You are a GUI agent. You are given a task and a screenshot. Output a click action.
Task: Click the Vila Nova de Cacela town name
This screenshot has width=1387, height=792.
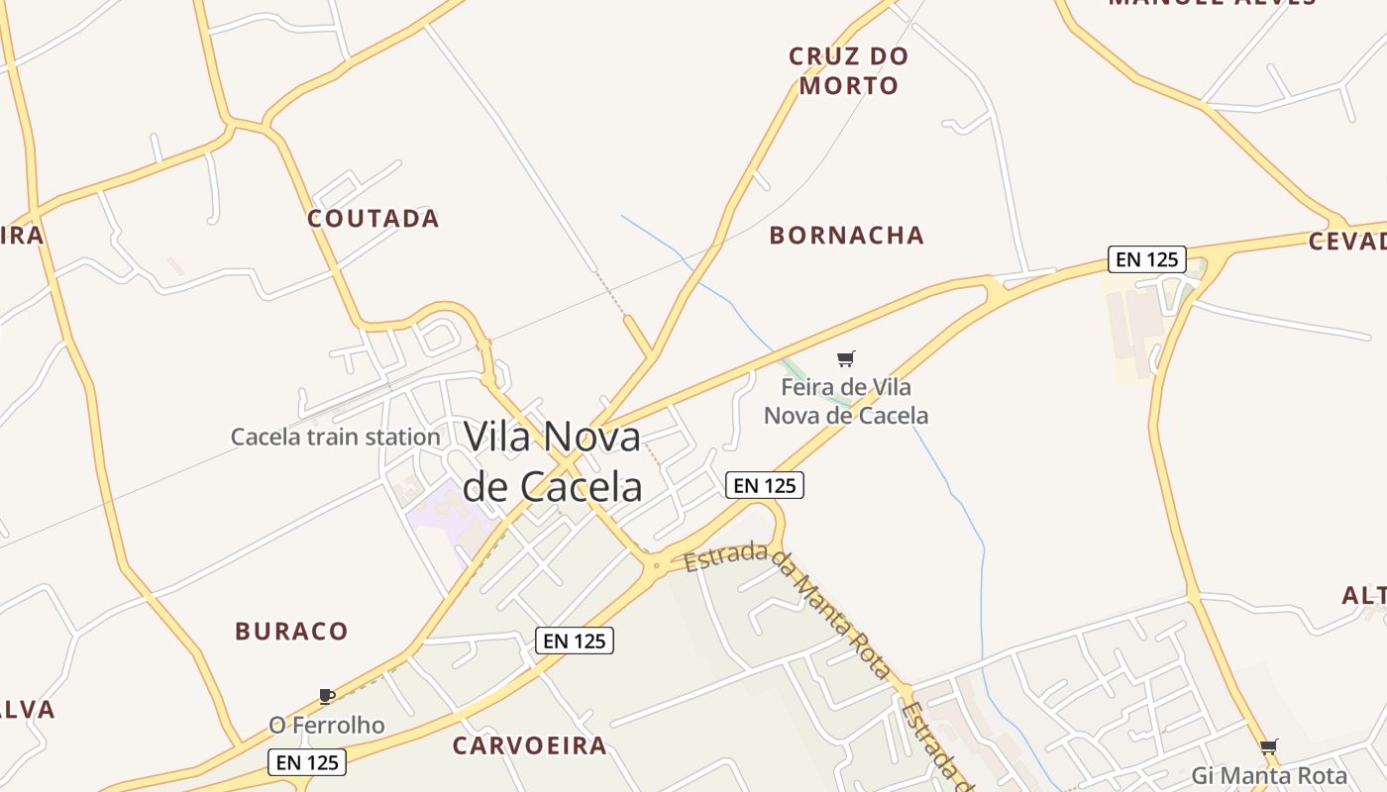(x=553, y=461)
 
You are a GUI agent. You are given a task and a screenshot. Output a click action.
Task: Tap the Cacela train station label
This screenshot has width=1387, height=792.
(x=335, y=437)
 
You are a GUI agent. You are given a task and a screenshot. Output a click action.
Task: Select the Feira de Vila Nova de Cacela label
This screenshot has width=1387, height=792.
(x=846, y=401)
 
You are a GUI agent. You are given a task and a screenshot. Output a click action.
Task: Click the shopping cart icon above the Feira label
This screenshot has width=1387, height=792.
(x=845, y=358)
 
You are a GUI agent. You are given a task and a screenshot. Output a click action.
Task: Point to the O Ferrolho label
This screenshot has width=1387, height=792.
(x=326, y=726)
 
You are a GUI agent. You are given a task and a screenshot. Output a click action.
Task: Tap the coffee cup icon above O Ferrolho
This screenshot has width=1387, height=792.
(x=327, y=696)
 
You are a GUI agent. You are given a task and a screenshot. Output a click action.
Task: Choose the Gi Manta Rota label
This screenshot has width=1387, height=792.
(x=1269, y=775)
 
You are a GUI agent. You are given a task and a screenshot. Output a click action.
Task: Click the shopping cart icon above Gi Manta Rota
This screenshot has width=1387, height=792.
(x=1268, y=746)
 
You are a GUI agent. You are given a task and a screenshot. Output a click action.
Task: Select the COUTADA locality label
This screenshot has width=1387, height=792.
(x=373, y=219)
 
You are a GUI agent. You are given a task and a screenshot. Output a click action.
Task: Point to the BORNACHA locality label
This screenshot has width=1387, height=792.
(x=847, y=236)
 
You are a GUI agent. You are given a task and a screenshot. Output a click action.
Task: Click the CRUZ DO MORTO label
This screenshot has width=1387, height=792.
(x=849, y=70)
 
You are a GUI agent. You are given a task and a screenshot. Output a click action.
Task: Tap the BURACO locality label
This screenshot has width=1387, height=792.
(x=291, y=632)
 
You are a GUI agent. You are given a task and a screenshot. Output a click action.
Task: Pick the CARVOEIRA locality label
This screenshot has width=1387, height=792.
(x=529, y=745)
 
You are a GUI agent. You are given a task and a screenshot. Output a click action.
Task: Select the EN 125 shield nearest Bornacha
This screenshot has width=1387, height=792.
(x=1147, y=259)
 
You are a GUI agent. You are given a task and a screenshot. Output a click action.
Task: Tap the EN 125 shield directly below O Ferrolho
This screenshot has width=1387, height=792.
(x=307, y=762)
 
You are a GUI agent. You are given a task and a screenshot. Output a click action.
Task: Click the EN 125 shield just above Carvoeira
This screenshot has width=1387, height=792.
(x=575, y=641)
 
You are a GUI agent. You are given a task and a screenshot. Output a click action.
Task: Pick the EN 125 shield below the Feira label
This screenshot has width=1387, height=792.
(x=764, y=485)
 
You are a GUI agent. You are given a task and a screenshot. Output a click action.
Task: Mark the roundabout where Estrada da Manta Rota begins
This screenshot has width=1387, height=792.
(x=655, y=565)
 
